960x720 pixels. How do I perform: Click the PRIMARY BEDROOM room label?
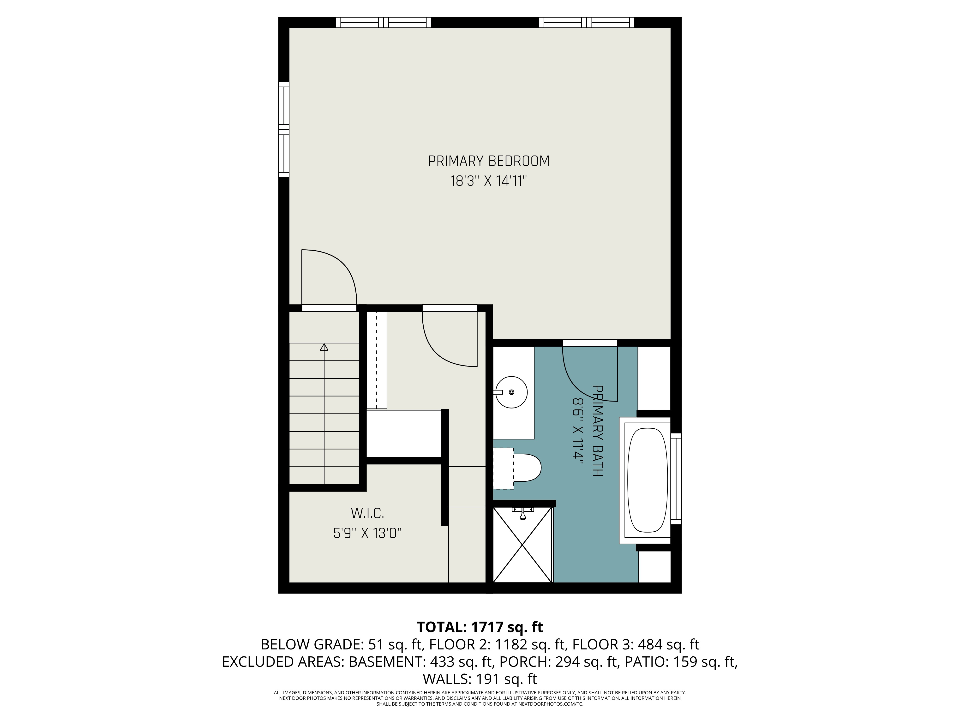489,161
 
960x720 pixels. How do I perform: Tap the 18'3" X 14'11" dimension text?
489,180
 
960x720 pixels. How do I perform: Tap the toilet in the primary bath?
517,468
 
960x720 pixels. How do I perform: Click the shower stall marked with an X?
522,545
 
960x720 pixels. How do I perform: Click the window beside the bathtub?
676,479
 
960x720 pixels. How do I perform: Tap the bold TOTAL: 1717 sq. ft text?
480,627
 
